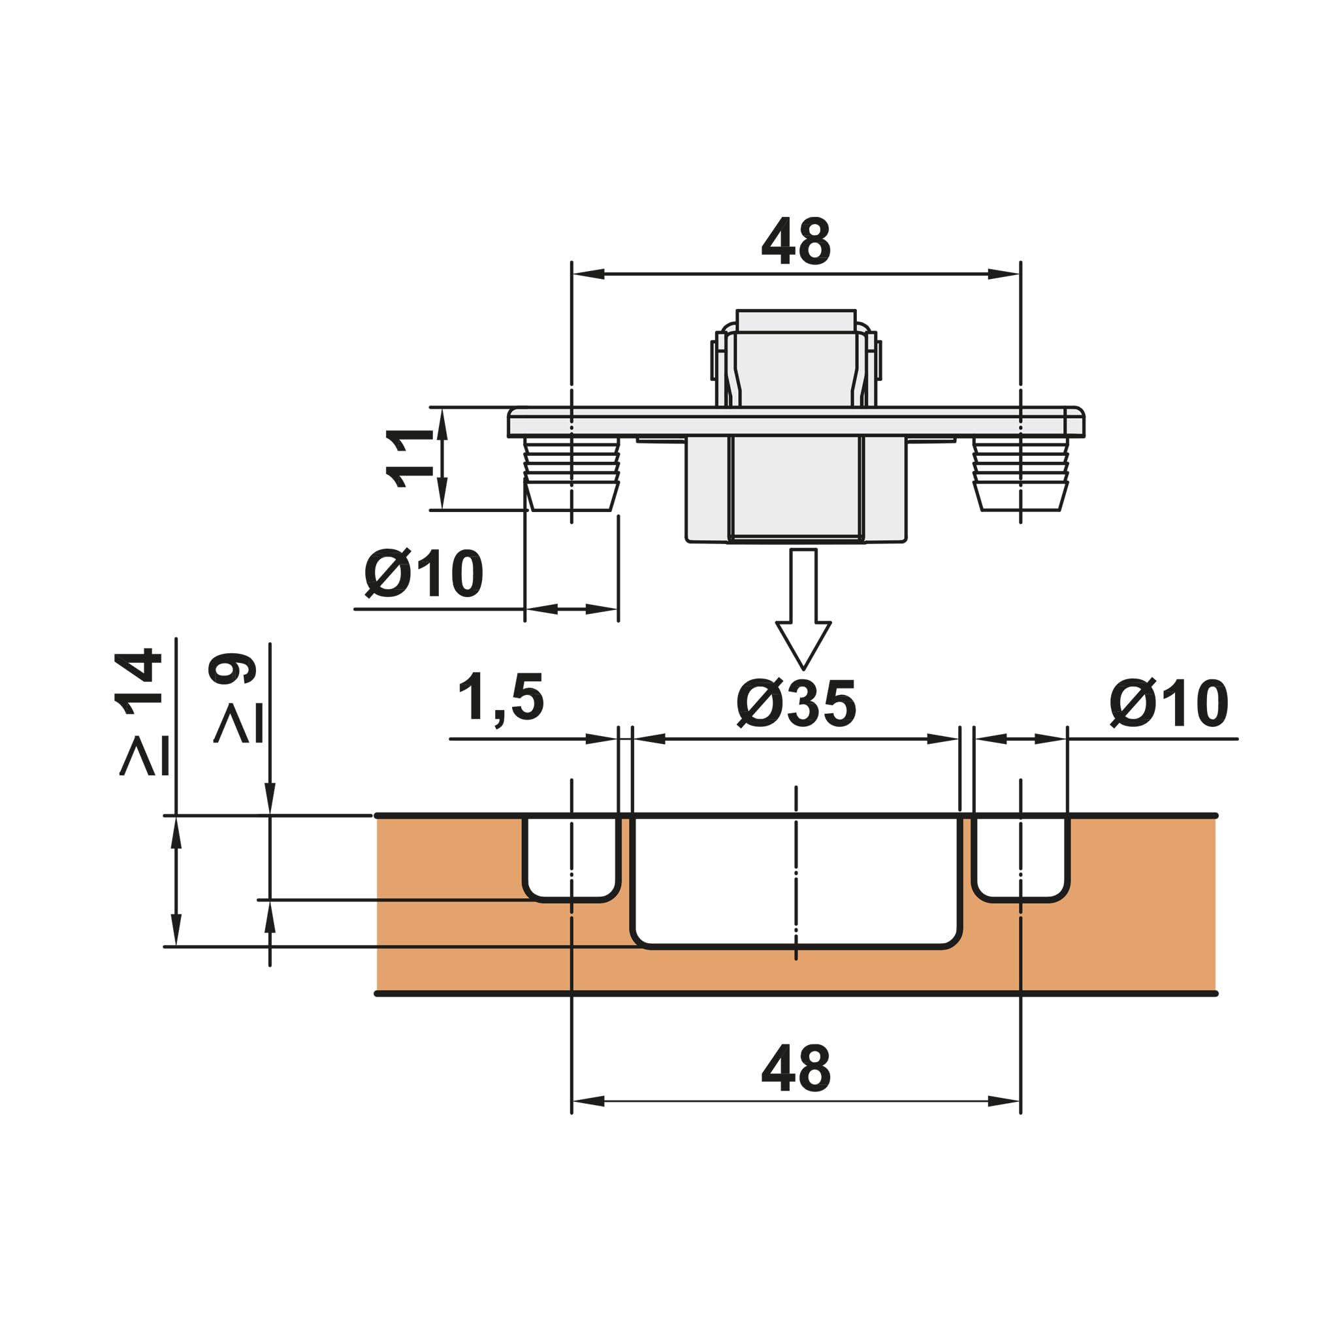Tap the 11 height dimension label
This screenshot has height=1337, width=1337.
tap(410, 458)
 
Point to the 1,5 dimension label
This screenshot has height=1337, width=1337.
tap(500, 698)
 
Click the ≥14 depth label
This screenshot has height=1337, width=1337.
tap(142, 711)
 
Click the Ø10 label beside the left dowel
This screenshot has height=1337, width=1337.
tap(423, 573)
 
